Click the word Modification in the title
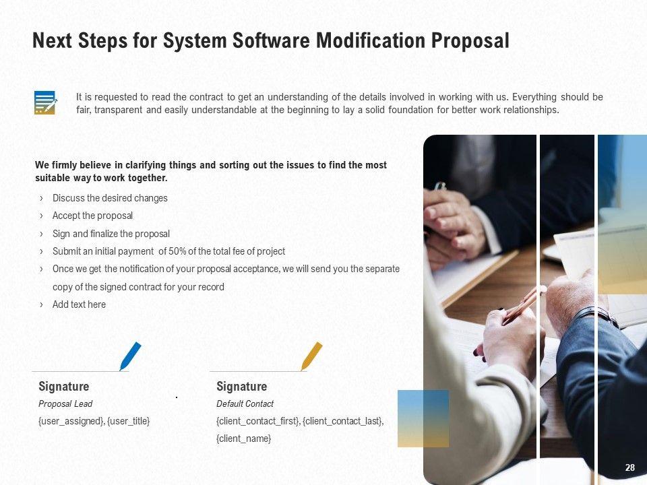pyautogui.click(x=371, y=41)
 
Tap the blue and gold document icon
pyautogui.click(x=45, y=102)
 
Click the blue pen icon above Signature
pyautogui.click(x=130, y=356)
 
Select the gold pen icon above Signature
pyautogui.click(x=311, y=356)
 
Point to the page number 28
pyautogui.click(x=629, y=467)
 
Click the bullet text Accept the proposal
pyautogui.click(x=92, y=216)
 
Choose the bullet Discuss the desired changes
pyautogui.click(x=110, y=198)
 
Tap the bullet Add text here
pyautogui.click(x=79, y=304)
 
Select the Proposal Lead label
pyautogui.click(x=65, y=403)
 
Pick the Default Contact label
pyautogui.click(x=245, y=403)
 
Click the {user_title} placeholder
pyautogui.click(x=128, y=421)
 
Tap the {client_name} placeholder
pyautogui.click(x=243, y=439)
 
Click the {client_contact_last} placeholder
pyautogui.click(x=343, y=421)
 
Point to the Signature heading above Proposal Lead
pyautogui.click(x=63, y=387)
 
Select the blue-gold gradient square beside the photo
pyautogui.click(x=423, y=418)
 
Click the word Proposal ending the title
pyautogui.click(x=470, y=41)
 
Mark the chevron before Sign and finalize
pyautogui.click(x=41, y=234)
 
